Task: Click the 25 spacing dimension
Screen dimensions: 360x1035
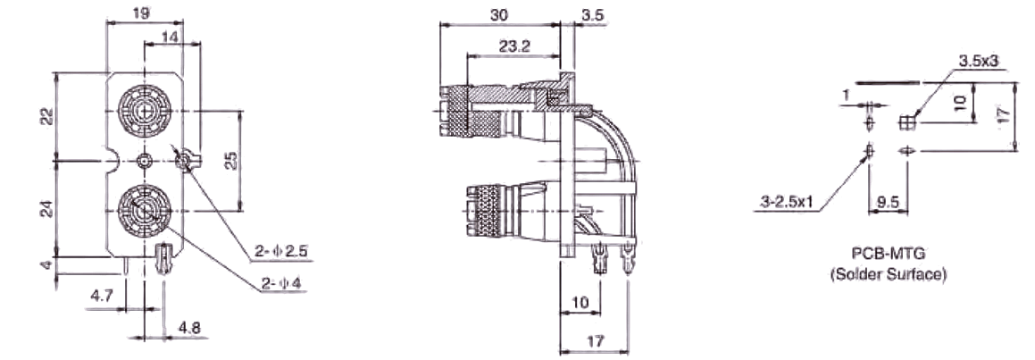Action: [x=230, y=161]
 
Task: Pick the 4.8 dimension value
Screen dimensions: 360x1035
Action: [x=188, y=328]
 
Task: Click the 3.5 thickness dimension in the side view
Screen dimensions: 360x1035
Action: [x=592, y=14]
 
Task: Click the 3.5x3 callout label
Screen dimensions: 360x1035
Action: [x=979, y=60]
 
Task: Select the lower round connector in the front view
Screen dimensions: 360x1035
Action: [x=145, y=211]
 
